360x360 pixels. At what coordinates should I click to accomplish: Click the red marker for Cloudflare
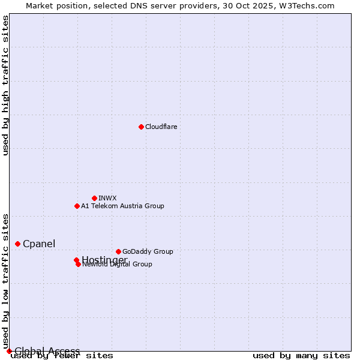(141, 127)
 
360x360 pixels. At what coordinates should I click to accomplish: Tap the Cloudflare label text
(161, 127)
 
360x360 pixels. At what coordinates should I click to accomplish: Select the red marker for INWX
(94, 198)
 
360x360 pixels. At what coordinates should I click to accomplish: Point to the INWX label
(107, 198)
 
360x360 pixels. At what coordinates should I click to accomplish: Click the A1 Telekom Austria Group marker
(77, 206)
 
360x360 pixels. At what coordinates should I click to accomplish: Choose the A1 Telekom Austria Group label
(122, 206)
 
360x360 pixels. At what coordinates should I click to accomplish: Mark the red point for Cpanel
(17, 244)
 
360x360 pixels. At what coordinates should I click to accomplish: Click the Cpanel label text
(39, 244)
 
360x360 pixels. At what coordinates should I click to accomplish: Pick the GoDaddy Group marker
(118, 251)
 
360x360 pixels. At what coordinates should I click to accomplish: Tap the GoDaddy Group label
(148, 251)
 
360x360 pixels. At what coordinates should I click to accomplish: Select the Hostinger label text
(104, 259)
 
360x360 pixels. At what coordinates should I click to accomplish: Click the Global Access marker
(9, 351)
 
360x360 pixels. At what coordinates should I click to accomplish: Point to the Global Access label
(47, 351)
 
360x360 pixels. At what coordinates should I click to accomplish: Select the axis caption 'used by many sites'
(301, 356)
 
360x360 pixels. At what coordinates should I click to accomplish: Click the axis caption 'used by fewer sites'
(62, 356)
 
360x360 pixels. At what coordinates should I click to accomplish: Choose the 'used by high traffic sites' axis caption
(6, 85)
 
